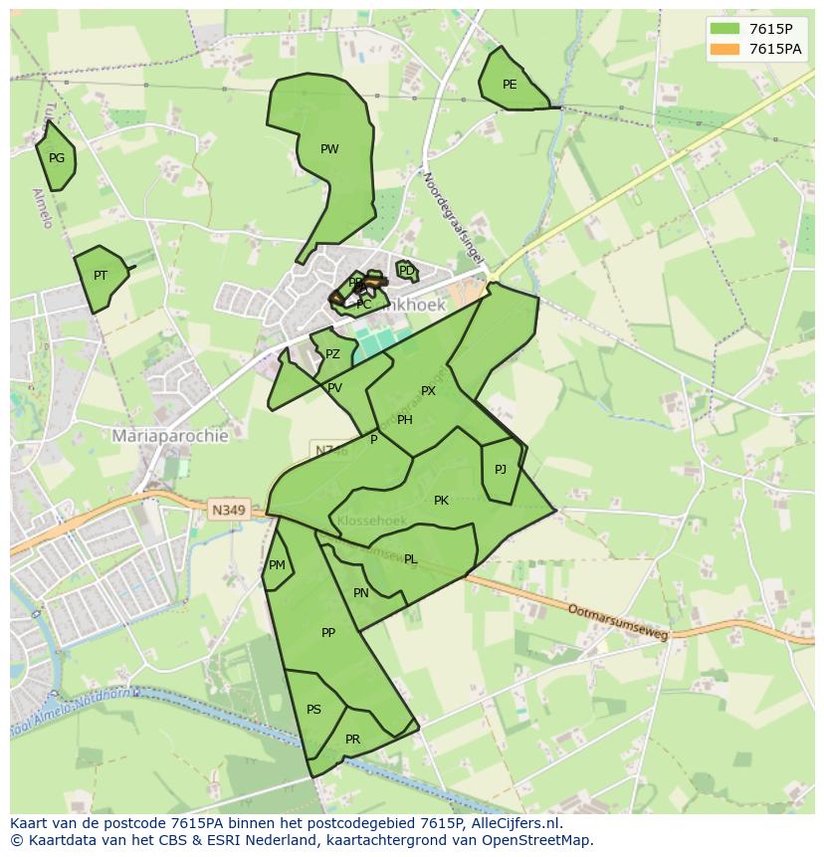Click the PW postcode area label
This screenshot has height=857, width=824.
click(329, 149)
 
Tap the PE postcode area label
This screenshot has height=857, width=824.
click(510, 85)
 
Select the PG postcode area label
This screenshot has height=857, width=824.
click(57, 158)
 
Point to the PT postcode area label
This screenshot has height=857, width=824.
click(101, 276)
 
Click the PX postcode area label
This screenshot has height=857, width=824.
click(428, 391)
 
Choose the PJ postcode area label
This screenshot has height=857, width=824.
click(501, 470)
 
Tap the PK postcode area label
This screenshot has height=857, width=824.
click(441, 501)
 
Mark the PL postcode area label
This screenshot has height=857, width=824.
click(410, 559)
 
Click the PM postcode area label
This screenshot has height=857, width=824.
click(277, 565)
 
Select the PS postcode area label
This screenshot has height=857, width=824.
click(313, 710)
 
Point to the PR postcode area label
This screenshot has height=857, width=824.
click(352, 740)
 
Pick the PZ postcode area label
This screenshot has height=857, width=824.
click(332, 354)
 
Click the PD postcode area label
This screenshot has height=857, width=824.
click(406, 271)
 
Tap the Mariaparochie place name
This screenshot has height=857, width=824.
click(170, 436)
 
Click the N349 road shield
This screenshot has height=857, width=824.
click(228, 510)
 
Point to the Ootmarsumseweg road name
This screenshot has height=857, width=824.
click(617, 622)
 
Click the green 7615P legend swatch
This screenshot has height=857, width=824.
click(725, 29)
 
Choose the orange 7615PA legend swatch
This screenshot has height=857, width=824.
click(725, 49)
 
